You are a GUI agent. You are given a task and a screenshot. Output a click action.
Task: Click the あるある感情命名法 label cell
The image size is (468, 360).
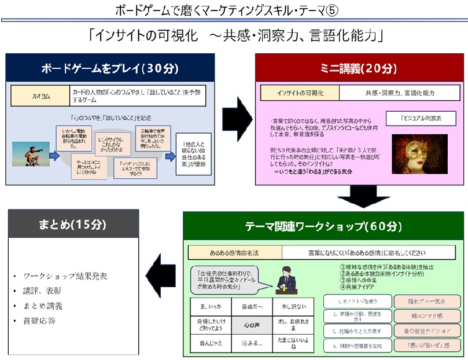[x=234, y=252]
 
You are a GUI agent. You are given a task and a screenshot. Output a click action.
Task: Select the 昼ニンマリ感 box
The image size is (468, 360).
[x=428, y=316]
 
